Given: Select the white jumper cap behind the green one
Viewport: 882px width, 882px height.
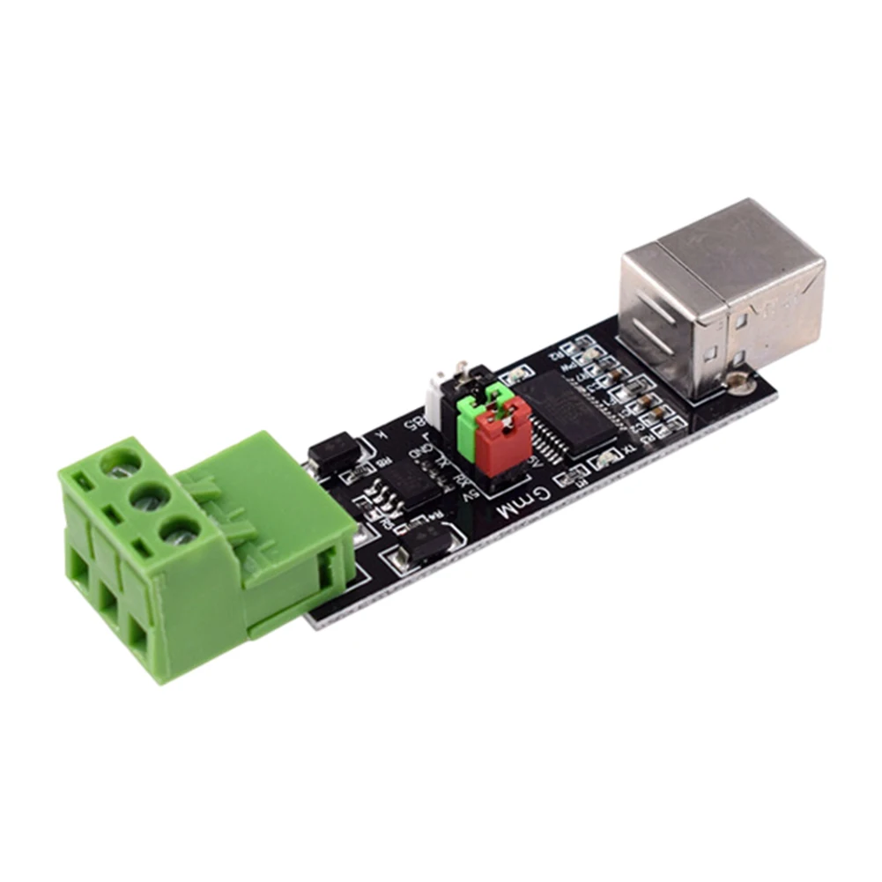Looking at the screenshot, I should [x=437, y=396].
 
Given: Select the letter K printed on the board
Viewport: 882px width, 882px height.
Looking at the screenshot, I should [x=380, y=434].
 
